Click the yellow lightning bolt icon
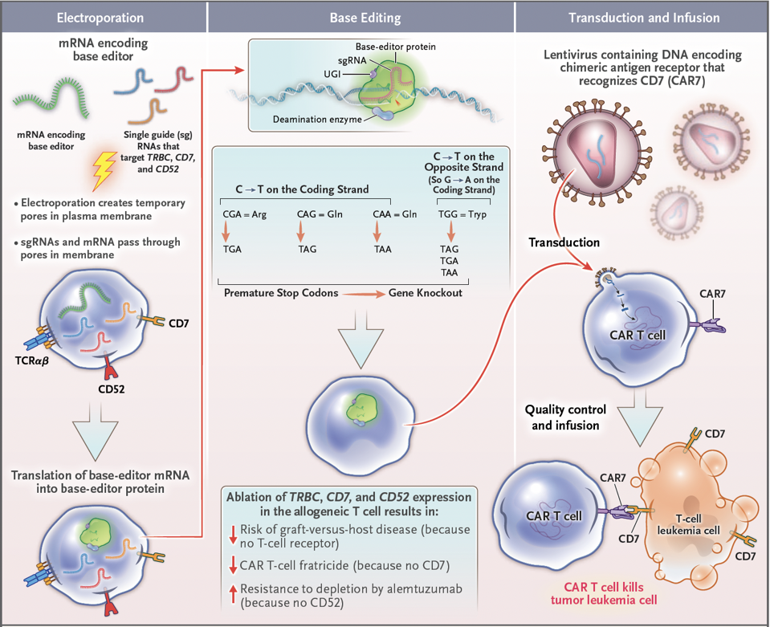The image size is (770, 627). (104, 170)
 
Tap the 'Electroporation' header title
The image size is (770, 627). (100, 18)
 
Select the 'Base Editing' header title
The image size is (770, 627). (365, 18)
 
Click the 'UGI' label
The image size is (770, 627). (332, 74)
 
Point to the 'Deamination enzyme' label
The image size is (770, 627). (317, 120)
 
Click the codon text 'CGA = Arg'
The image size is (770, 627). (245, 214)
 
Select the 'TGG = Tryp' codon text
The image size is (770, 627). (462, 214)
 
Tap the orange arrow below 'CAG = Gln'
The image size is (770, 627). (301, 231)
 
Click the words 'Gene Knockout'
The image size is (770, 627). (426, 293)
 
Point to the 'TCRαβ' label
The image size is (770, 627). (32, 361)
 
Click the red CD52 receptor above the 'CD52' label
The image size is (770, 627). (111, 366)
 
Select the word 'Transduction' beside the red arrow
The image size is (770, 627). (564, 242)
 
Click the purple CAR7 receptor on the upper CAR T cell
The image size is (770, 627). (707, 324)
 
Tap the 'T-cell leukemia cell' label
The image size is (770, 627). (688, 524)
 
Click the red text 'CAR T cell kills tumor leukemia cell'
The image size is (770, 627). (604, 593)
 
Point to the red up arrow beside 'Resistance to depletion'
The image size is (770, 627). (234, 594)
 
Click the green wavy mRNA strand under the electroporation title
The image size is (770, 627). (51, 98)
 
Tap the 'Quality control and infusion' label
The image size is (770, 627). (566, 417)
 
